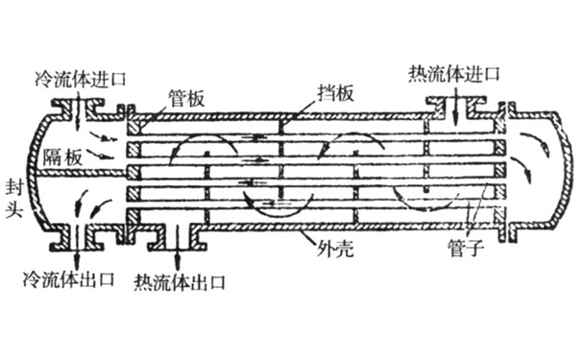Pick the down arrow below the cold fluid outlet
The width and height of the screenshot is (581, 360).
coord(76,254)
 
